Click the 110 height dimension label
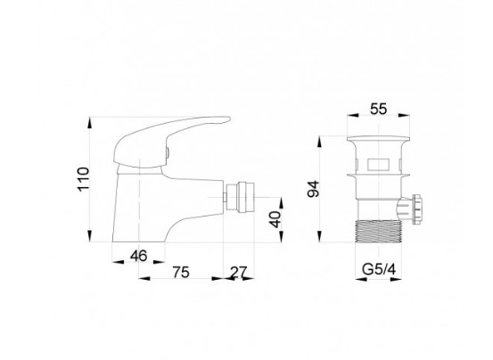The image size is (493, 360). pyautogui.click(x=84, y=179)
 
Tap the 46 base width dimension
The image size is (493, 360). pyautogui.click(x=139, y=256)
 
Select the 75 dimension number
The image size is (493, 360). pyautogui.click(x=181, y=272)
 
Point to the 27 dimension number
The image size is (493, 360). pyautogui.click(x=239, y=272)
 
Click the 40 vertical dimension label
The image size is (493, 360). pyautogui.click(x=275, y=219)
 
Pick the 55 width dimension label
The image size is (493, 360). pyautogui.click(x=378, y=110)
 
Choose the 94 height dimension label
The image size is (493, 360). pyautogui.click(x=314, y=189)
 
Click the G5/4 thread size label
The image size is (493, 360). pyautogui.click(x=379, y=269)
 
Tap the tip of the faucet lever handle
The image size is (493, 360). pyautogui.click(x=229, y=119)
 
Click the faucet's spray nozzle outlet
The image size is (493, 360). pyautogui.click(x=240, y=197)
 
